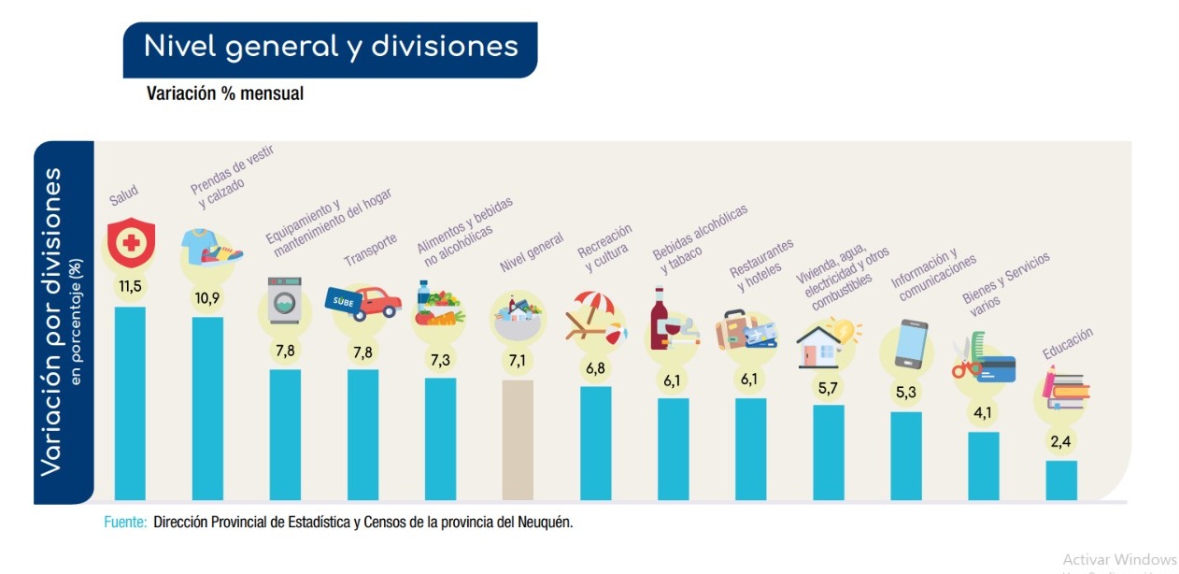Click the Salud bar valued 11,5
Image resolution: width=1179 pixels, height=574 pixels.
[130, 402]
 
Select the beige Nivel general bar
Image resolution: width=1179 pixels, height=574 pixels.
[518, 439]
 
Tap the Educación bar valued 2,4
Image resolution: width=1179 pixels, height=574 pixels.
[1061, 480]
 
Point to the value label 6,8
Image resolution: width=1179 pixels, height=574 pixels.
[595, 367]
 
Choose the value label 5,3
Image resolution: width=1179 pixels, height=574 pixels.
[905, 392]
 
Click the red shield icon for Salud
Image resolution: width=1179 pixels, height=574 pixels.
[130, 243]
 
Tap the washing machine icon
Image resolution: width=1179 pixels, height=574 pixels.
[285, 299]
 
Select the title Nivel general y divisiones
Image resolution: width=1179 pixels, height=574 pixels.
[331, 46]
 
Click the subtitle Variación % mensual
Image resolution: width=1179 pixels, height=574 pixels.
[224, 93]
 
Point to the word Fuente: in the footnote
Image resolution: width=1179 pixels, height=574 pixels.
[124, 522]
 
